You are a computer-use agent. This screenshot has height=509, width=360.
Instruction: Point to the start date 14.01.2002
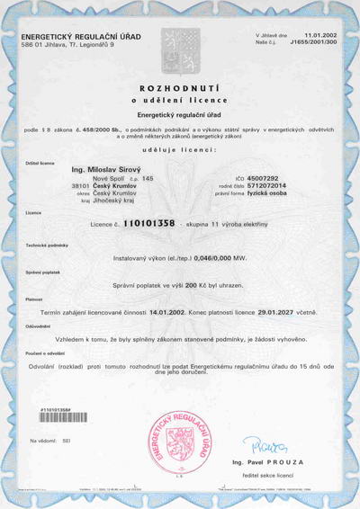point(171,310)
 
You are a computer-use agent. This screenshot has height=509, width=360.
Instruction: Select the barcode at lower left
point(63,417)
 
